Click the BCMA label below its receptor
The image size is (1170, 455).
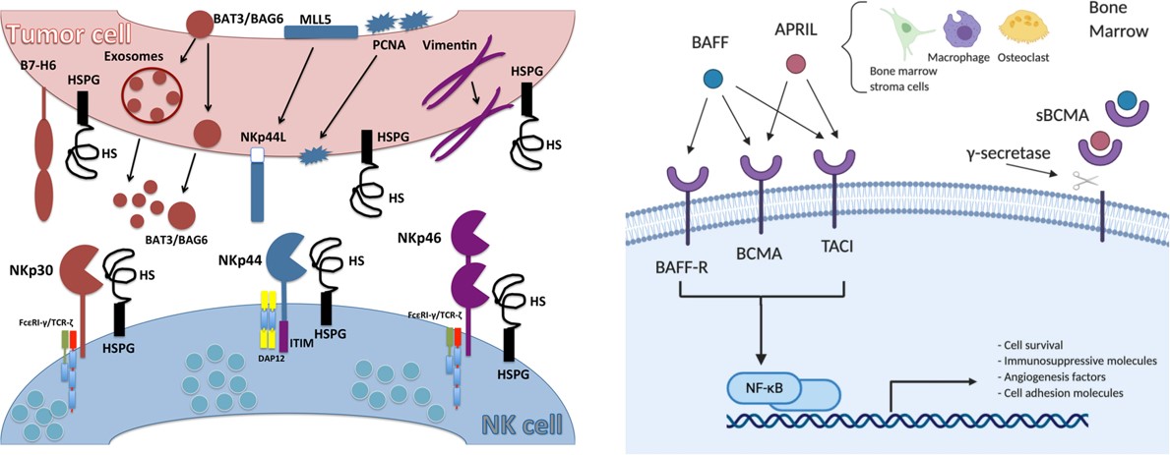[x=763, y=254]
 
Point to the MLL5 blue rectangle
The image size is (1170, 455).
[x=320, y=31]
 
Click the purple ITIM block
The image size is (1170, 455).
[x=284, y=337]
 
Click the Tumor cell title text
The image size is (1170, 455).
[x=60, y=36]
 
